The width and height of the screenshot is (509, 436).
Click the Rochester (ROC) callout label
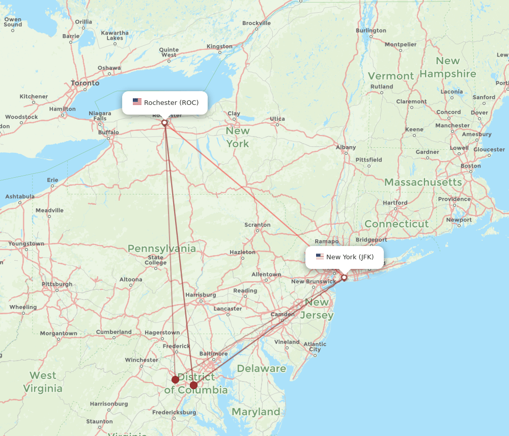pos(171,102)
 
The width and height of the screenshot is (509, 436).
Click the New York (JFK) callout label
pos(350,257)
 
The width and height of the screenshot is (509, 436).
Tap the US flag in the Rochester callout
pos(137,102)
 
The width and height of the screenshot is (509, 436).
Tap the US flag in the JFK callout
pos(320,257)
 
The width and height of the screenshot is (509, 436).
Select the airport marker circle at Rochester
pos(164,123)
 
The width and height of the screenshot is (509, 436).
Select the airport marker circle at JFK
pos(344,278)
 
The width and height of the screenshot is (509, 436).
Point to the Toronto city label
pos(85,83)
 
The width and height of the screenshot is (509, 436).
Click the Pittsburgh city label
pos(57,284)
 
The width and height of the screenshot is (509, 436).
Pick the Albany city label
pos(346,147)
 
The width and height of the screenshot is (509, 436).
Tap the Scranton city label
pos(258,225)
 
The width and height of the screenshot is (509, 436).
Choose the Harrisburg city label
pos(201,294)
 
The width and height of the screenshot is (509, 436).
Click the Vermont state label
pos(391,76)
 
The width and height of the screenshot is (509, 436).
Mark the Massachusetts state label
pos(423,182)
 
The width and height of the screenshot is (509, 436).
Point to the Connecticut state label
pos(397,224)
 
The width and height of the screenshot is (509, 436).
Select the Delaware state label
pos(262,368)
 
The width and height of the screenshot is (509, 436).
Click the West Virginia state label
pos(43,382)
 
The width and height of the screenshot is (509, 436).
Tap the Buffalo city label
pos(108,132)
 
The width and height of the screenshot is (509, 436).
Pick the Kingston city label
pos(219,46)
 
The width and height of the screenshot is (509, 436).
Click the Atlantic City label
pos(315,347)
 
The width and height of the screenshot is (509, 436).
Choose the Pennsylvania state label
pos(162,249)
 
